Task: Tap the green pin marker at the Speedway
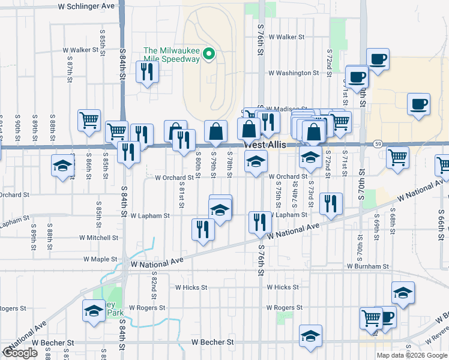pos(209,54)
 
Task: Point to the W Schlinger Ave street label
pos(86,5)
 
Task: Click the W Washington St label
pos(294,73)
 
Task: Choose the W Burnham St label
pos(367,266)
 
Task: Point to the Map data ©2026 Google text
pos(411,355)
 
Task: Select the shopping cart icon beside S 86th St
pos(89,120)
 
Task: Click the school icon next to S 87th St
pos(62,165)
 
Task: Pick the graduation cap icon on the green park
pos(93,310)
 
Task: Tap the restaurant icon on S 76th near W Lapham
pos(260,221)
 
